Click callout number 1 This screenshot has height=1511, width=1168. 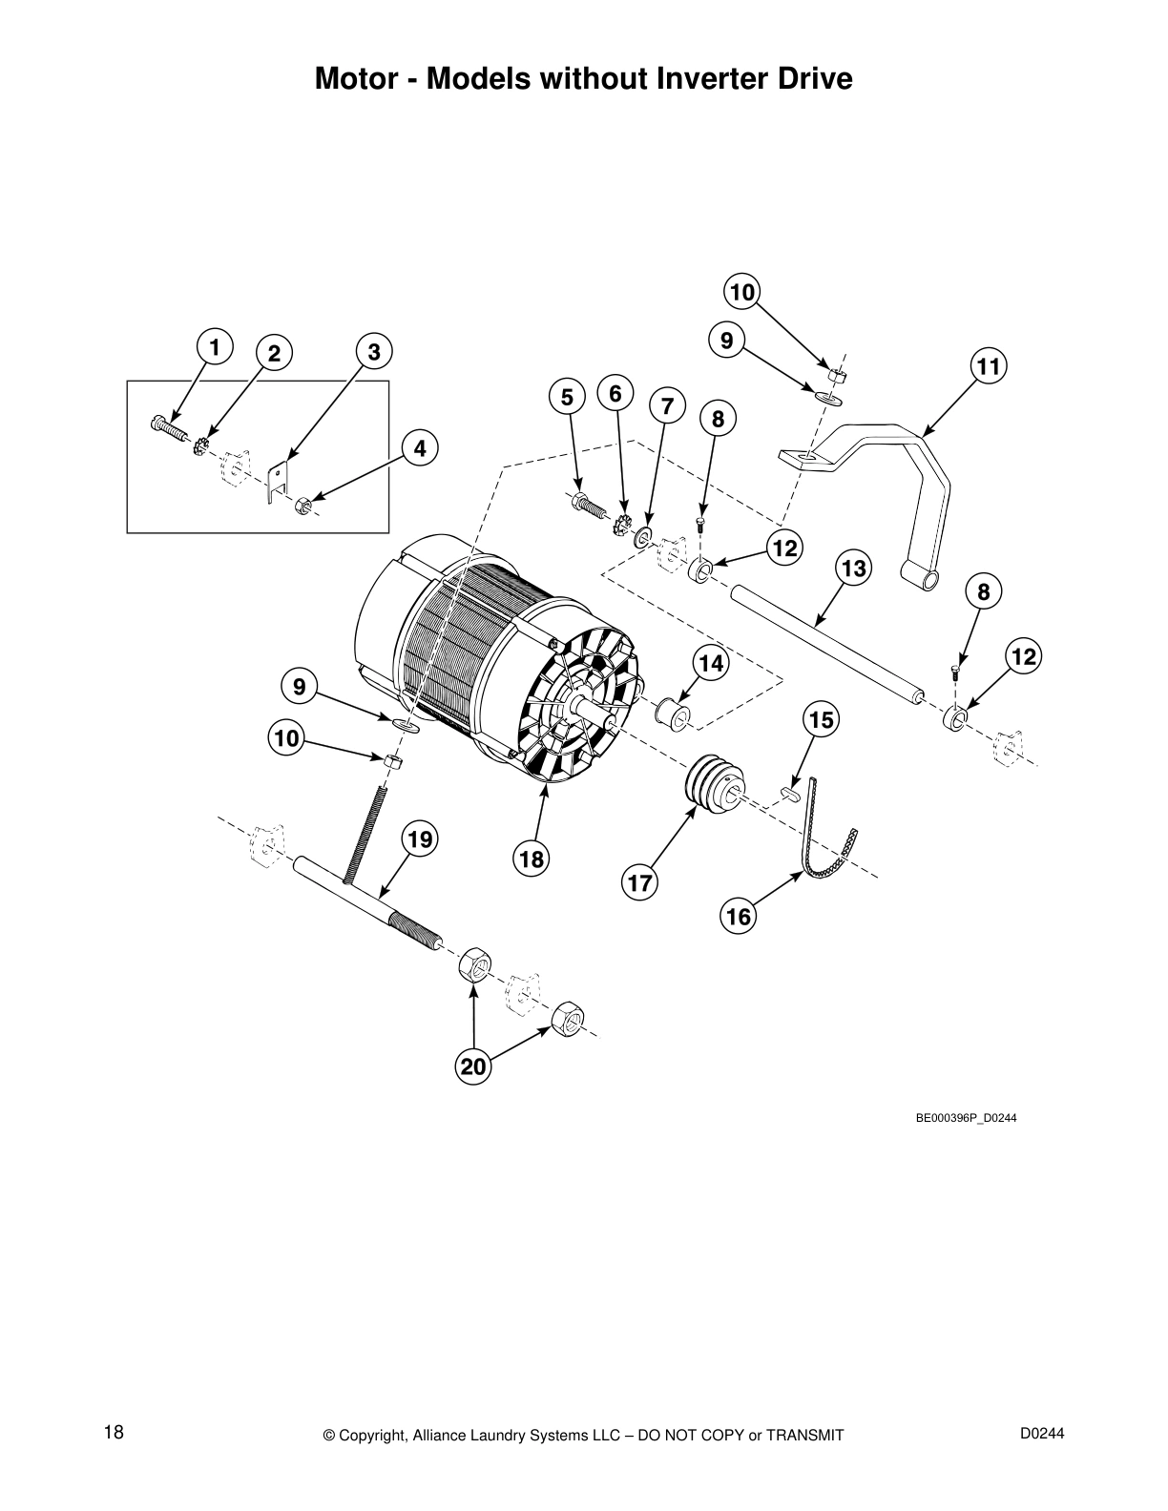pyautogui.click(x=215, y=347)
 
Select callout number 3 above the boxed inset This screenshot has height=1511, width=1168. pyautogui.click(x=374, y=351)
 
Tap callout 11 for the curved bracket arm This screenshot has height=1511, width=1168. pyautogui.click(x=989, y=366)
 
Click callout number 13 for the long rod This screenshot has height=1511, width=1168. pyautogui.click(x=854, y=569)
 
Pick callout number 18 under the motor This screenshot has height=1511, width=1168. pyautogui.click(x=531, y=859)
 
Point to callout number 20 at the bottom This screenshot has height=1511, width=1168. pyautogui.click(x=473, y=1066)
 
